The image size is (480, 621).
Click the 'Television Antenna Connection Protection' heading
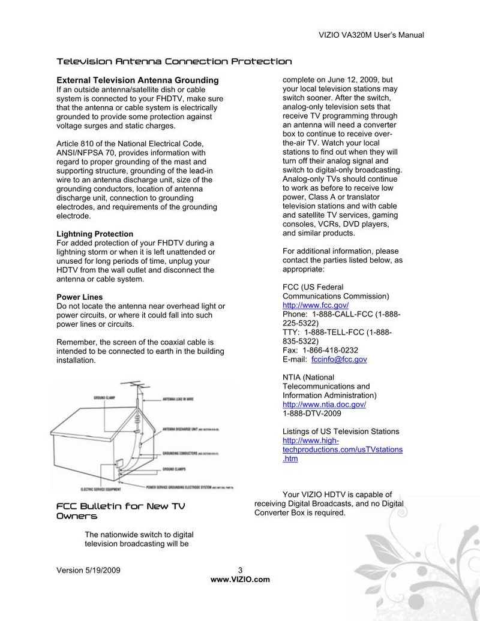(174, 61)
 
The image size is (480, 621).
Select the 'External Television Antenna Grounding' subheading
(137, 80)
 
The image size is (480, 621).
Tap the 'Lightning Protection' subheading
(95, 234)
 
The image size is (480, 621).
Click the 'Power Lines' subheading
(79, 297)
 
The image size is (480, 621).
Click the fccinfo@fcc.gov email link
(339, 359)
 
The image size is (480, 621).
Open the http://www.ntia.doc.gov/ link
(324, 404)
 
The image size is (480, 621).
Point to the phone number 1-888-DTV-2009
(311, 413)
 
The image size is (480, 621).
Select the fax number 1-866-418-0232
(330, 350)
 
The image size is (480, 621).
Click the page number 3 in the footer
(240, 570)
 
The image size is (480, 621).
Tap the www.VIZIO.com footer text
(240, 579)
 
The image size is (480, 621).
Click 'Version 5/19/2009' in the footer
(88, 570)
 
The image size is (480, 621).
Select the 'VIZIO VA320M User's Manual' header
(370, 35)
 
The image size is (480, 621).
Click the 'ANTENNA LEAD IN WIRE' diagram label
(178, 399)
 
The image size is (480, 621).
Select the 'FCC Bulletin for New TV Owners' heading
(120, 511)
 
